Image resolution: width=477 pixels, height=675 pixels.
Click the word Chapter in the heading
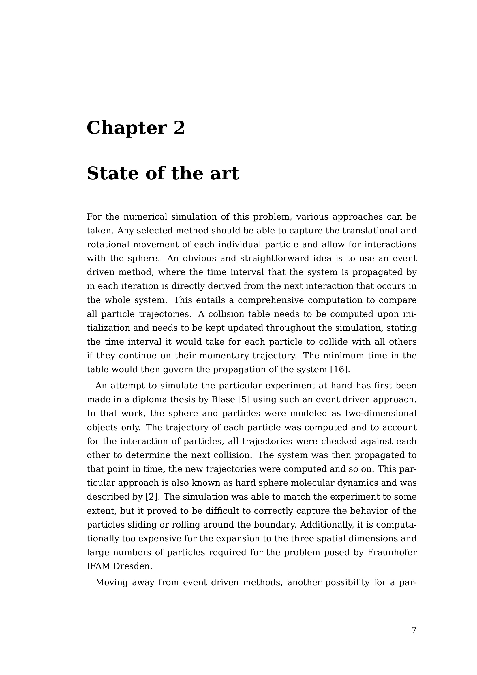pos(127,128)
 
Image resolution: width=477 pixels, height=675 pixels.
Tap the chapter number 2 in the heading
pos(179,128)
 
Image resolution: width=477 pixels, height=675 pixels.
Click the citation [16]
pos(340,370)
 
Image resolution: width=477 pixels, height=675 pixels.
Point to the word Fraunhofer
pos(392,552)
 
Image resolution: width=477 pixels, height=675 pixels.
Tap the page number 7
pos(414,630)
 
